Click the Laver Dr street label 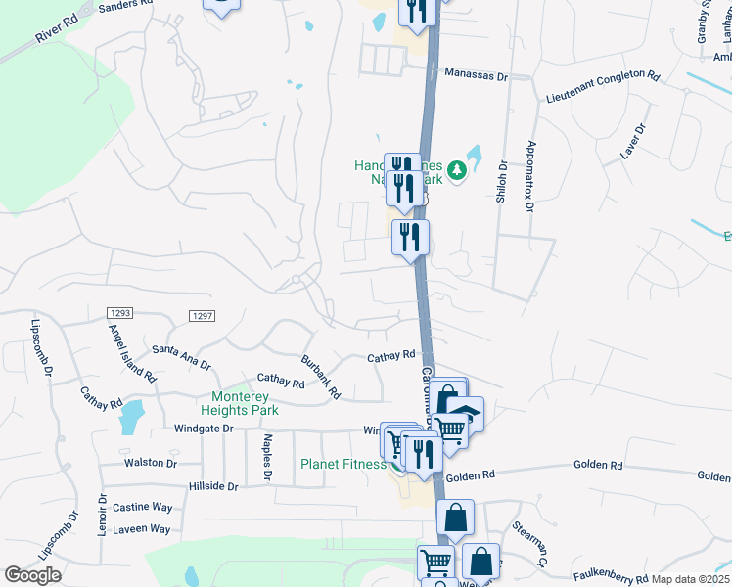point(634,140)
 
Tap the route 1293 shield point(120,312)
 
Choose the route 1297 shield point(202,315)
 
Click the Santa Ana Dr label point(181,356)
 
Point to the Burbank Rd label point(320,377)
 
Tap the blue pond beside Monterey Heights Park point(129,418)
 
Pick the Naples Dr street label point(266,458)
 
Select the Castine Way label point(142,507)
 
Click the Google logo point(32,575)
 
